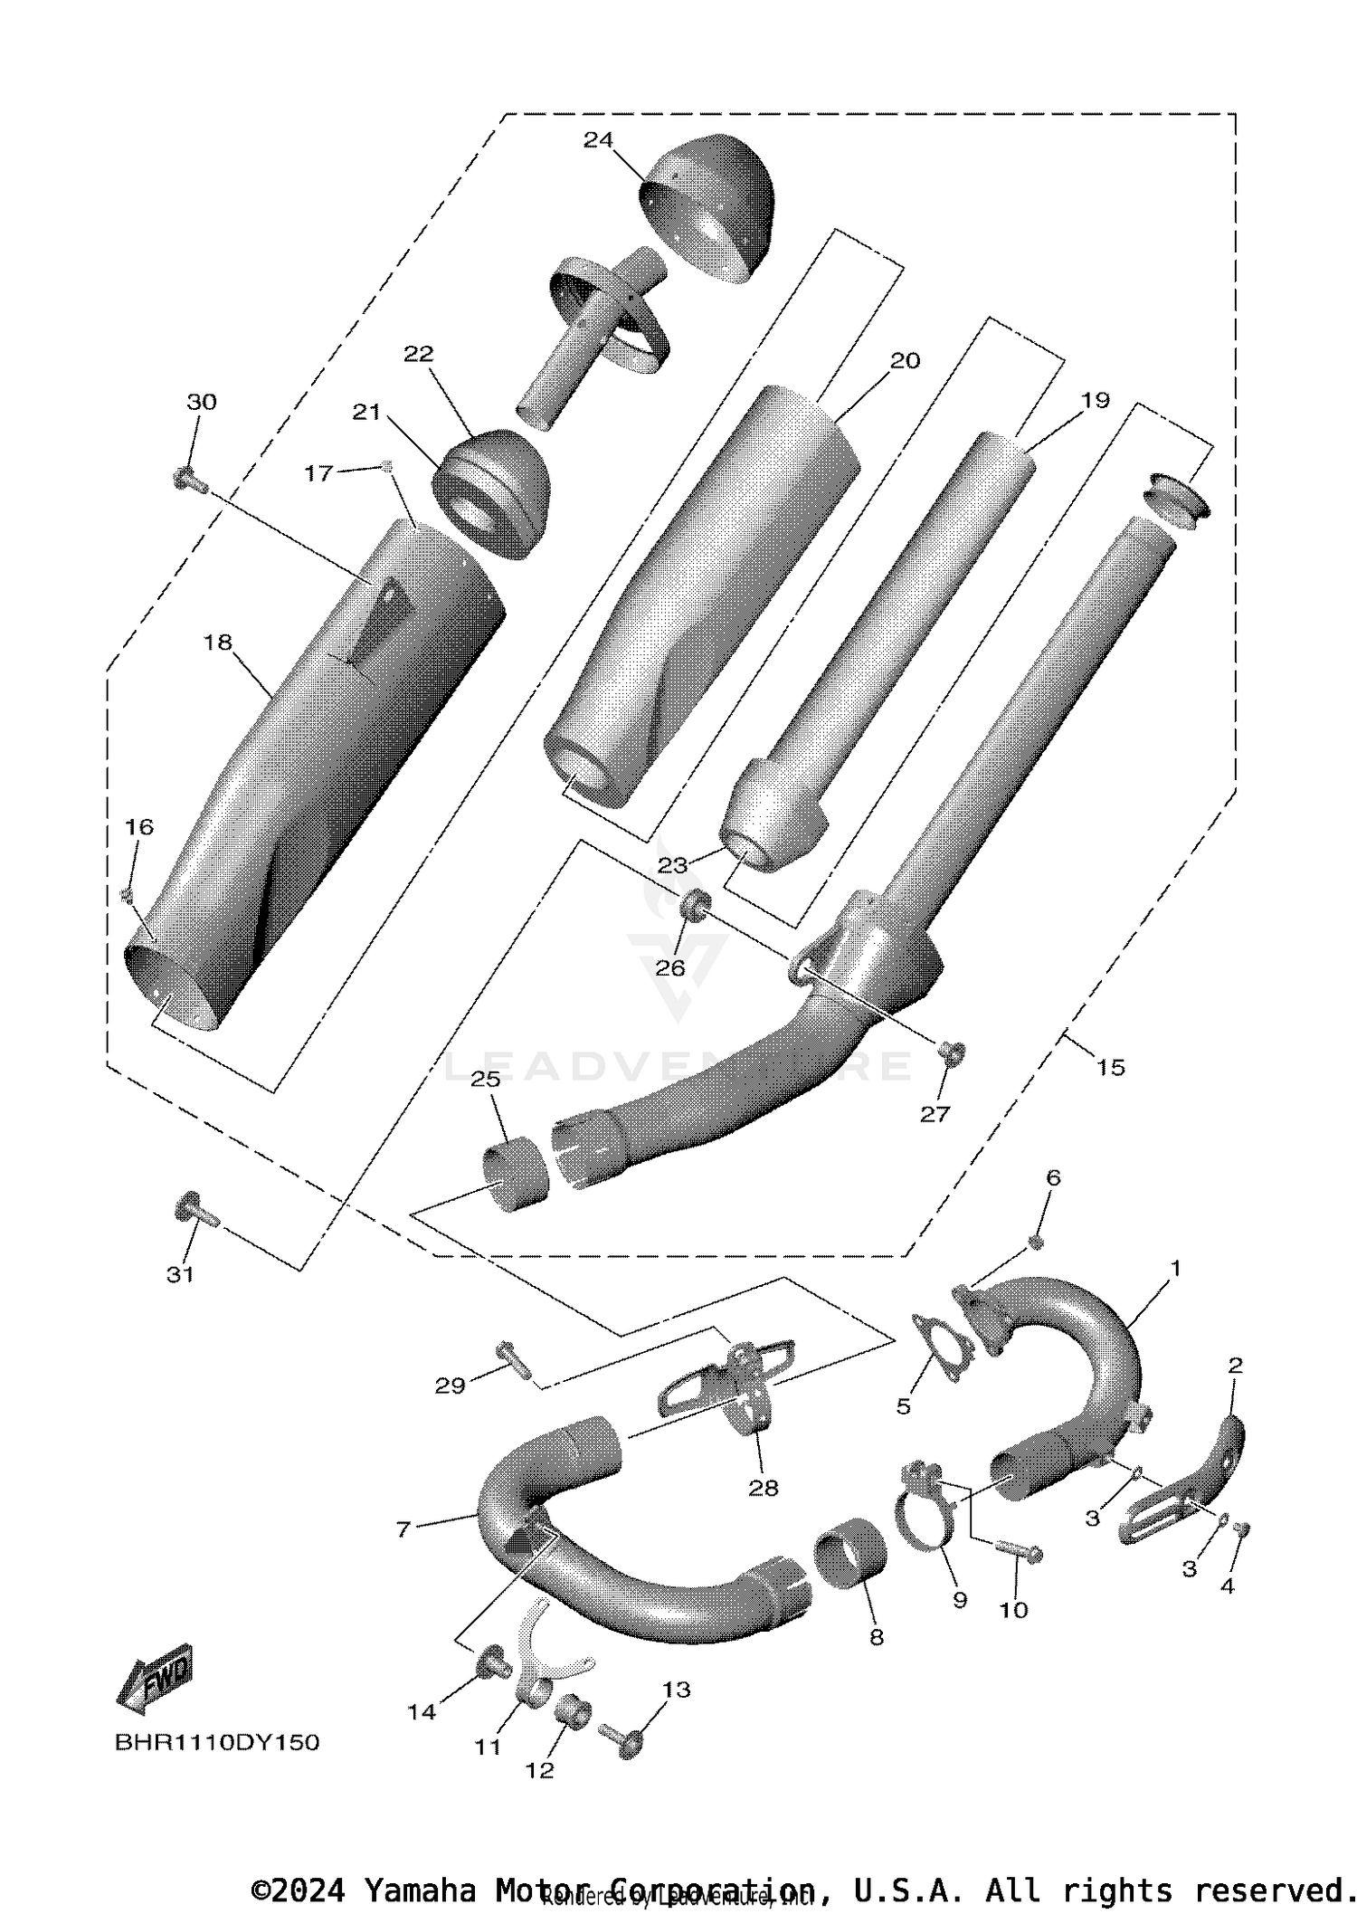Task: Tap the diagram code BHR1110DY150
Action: click(x=217, y=1742)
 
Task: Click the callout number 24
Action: click(x=598, y=139)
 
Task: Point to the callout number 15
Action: click(x=1110, y=1067)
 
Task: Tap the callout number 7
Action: click(x=403, y=1529)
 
